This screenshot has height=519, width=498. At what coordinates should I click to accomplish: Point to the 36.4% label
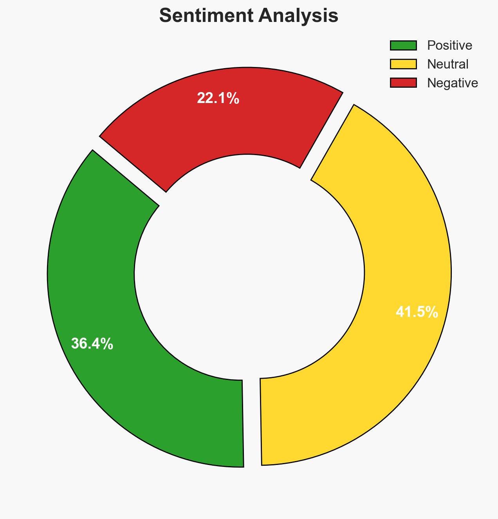click(92, 344)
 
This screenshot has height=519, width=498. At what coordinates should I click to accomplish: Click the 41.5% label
click(417, 312)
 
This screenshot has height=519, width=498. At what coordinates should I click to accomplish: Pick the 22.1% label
click(218, 98)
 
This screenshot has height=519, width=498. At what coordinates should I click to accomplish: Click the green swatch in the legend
click(403, 45)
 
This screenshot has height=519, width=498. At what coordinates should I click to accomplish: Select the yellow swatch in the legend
click(403, 64)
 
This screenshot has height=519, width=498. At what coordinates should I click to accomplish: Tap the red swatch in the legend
click(403, 83)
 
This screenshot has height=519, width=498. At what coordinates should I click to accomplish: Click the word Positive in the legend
click(449, 45)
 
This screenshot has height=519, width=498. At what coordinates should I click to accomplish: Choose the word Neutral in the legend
click(447, 64)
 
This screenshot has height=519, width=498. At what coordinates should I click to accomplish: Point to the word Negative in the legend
click(452, 83)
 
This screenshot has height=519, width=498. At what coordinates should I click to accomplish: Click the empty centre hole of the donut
click(249, 270)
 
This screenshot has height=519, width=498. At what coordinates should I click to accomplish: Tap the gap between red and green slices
click(129, 170)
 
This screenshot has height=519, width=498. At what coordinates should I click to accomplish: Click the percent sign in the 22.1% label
click(234, 98)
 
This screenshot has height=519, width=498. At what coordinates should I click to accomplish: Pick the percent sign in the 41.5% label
click(433, 312)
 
